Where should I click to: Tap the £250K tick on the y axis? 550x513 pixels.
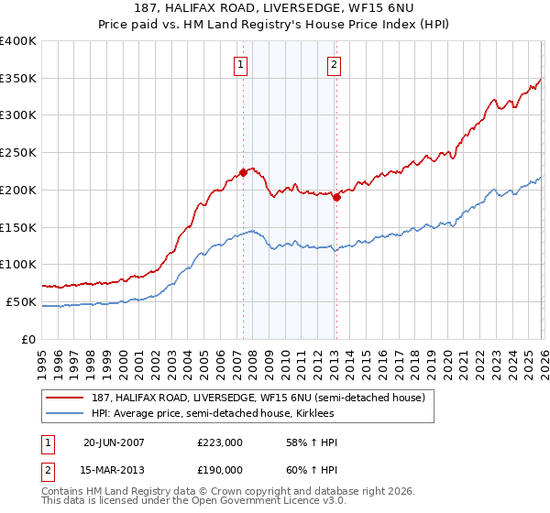18,153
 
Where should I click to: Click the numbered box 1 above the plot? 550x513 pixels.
240,64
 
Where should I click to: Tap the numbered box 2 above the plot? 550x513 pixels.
334,64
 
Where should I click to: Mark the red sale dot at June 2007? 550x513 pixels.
244,172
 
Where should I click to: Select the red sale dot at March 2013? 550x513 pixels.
336,196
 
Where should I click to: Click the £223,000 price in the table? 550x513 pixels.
220,442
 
